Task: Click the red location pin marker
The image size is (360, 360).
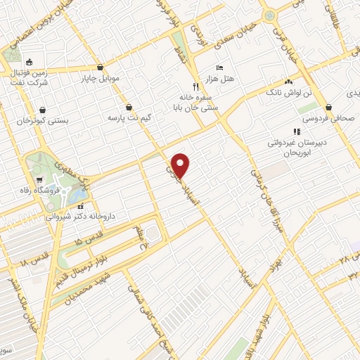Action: click(x=181, y=165)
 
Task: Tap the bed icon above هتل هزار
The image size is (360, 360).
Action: click(x=219, y=67)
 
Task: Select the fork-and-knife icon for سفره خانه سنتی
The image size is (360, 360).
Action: click(x=186, y=89)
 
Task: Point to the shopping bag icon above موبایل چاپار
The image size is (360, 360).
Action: click(x=102, y=67)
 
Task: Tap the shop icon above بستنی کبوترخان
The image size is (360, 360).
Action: click(x=44, y=110)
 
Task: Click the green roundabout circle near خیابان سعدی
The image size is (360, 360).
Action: click(x=269, y=15)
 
